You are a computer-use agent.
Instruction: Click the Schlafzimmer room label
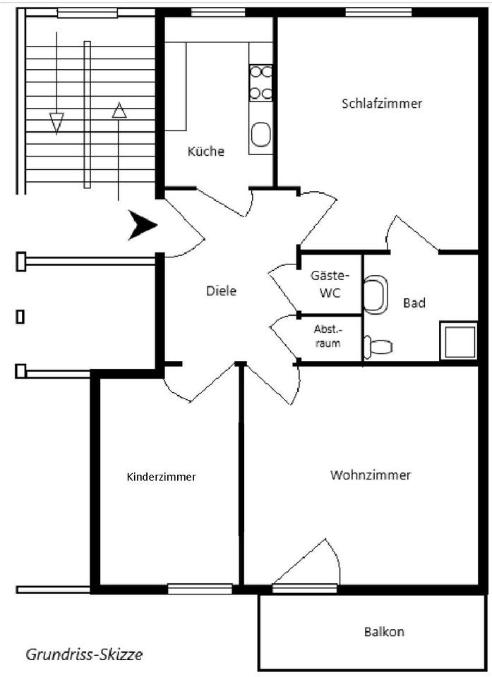pyautogui.click(x=382, y=104)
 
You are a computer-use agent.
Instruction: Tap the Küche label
pyautogui.click(x=206, y=151)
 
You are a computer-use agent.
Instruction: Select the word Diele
pyautogui.click(x=222, y=291)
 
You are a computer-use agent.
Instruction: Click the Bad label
pyautogui.click(x=414, y=303)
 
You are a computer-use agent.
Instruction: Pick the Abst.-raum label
pyautogui.click(x=328, y=337)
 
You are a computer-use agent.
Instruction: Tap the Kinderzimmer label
pyautogui.click(x=161, y=477)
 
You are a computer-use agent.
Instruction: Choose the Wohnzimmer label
pyautogui.click(x=371, y=475)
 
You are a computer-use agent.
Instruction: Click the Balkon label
pyautogui.click(x=384, y=631)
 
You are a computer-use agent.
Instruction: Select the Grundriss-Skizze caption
pyautogui.click(x=84, y=654)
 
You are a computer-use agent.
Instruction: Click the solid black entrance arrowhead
pyautogui.click(x=143, y=225)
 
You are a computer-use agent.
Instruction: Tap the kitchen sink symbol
pyautogui.click(x=260, y=135)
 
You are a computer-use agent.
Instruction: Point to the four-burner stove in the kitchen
pyautogui.click(x=260, y=82)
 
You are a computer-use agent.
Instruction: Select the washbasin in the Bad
pyautogui.click(x=376, y=294)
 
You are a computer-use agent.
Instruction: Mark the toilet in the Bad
pyautogui.click(x=378, y=347)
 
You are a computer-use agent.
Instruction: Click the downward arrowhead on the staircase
pyautogui.click(x=56, y=122)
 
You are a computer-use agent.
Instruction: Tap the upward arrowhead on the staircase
pyautogui.click(x=119, y=110)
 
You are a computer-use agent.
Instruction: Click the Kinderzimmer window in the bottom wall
pyautogui.click(x=200, y=589)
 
